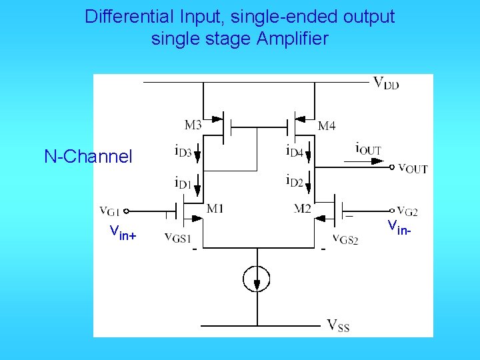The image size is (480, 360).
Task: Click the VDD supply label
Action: [386, 83]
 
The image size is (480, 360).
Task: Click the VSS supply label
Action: [338, 325]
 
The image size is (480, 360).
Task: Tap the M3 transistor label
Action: [193, 125]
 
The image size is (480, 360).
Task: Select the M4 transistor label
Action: [327, 125]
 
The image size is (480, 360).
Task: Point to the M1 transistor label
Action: [215, 209]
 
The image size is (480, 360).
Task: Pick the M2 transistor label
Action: [303, 209]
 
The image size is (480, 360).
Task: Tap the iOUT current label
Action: [368, 148]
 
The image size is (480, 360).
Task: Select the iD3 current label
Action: [183, 152]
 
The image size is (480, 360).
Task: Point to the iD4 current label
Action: [295, 152]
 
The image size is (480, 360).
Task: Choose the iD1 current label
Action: [183, 181]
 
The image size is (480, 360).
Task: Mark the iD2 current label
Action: [295, 181]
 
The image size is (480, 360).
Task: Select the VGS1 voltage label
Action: [178, 239]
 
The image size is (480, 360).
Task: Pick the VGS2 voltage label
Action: [345, 239]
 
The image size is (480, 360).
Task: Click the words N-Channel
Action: [89, 157]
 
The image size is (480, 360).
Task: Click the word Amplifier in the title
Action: [292, 39]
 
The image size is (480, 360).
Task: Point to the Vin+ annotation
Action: [123, 232]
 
